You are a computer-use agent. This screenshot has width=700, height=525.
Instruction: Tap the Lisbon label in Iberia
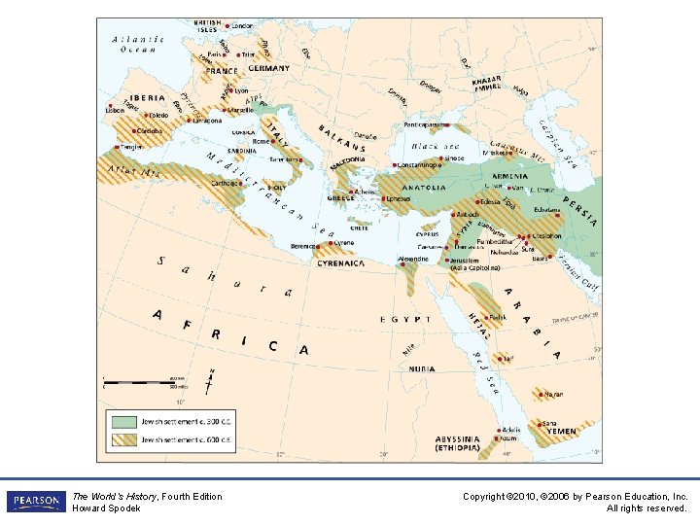(115, 111)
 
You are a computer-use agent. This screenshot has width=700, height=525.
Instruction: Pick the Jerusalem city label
(466, 260)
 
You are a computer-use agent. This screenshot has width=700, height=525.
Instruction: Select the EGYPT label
(406, 319)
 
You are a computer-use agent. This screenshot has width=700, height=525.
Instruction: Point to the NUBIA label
(421, 368)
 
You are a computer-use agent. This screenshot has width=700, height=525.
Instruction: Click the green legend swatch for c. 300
(122, 422)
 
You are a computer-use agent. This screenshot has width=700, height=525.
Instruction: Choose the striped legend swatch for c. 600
(122, 440)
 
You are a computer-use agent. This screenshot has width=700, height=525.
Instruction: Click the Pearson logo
(35, 502)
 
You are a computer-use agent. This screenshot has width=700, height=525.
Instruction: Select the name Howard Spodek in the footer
(106, 508)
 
